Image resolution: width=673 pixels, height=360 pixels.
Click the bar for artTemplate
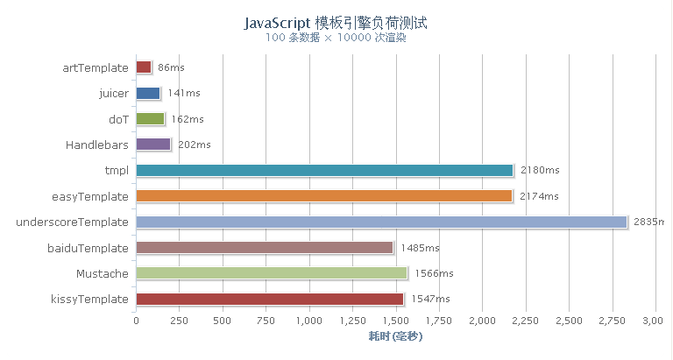(144, 67)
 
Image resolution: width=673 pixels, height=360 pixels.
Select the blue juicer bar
(148, 93)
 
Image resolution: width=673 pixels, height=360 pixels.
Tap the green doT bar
(150, 119)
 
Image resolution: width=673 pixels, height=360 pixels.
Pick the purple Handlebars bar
(153, 145)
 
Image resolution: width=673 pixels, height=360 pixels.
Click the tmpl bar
(324, 170)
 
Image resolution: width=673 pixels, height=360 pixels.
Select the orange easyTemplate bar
(324, 196)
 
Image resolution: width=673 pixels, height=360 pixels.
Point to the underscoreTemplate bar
(381, 222)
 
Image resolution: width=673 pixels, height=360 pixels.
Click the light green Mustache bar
(272, 273)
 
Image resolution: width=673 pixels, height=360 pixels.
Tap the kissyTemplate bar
(270, 300)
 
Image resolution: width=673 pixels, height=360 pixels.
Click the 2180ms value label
(540, 170)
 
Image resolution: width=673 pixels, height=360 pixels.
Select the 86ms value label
(171, 67)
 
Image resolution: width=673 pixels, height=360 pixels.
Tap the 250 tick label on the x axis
(180, 321)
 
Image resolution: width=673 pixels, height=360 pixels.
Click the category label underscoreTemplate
(73, 222)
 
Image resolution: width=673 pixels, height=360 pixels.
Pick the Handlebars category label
(96, 145)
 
